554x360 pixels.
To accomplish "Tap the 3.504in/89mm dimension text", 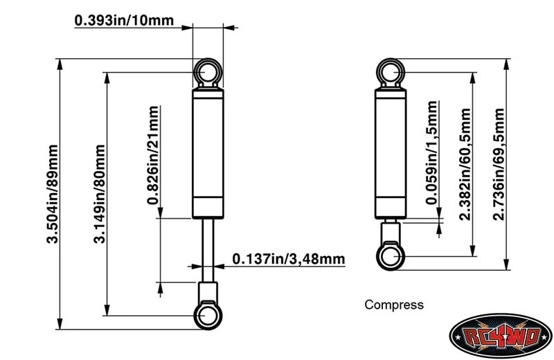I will click(x=53, y=193).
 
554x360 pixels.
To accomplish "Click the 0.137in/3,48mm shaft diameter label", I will click(x=288, y=259).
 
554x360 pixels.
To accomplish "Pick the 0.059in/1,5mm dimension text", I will click(x=432, y=153).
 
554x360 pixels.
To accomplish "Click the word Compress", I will click(x=393, y=304).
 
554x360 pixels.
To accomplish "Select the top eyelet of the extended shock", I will click(x=207, y=71).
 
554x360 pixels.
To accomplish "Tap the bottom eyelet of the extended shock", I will click(x=207, y=315).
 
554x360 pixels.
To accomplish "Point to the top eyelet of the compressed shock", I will click(x=391, y=72).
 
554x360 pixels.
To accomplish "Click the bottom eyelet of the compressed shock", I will click(x=391, y=257).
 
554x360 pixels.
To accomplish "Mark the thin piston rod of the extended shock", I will click(x=207, y=249).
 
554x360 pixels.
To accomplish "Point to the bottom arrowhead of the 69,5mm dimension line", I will click(x=508, y=264).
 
